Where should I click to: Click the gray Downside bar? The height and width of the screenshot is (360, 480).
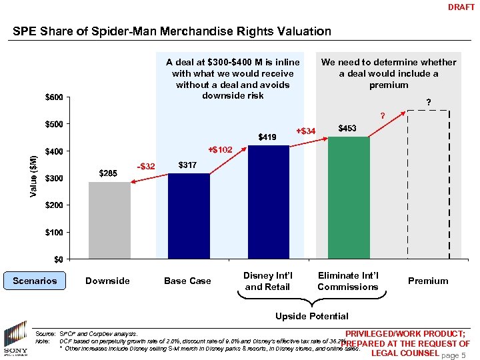[x=109, y=220]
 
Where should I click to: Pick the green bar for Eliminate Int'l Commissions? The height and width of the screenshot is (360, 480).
[x=348, y=197]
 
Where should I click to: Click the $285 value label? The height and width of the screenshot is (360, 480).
[x=108, y=173]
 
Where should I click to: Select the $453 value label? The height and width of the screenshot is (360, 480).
[x=347, y=128]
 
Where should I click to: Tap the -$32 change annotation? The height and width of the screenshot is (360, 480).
[x=145, y=166]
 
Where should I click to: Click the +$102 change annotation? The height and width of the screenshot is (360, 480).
[x=219, y=150]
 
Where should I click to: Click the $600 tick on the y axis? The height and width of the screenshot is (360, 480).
[x=54, y=98]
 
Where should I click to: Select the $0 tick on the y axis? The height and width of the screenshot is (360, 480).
[x=59, y=259]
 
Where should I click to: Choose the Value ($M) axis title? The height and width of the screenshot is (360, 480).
[x=34, y=176]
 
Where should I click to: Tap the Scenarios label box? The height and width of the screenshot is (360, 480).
[x=35, y=281]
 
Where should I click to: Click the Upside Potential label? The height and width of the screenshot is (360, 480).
[x=312, y=315]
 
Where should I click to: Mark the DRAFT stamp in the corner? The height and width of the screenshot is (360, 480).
[x=461, y=7]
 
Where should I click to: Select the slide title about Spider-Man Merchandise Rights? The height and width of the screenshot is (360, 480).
[x=172, y=31]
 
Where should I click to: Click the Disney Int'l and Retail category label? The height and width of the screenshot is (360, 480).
[x=268, y=281]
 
